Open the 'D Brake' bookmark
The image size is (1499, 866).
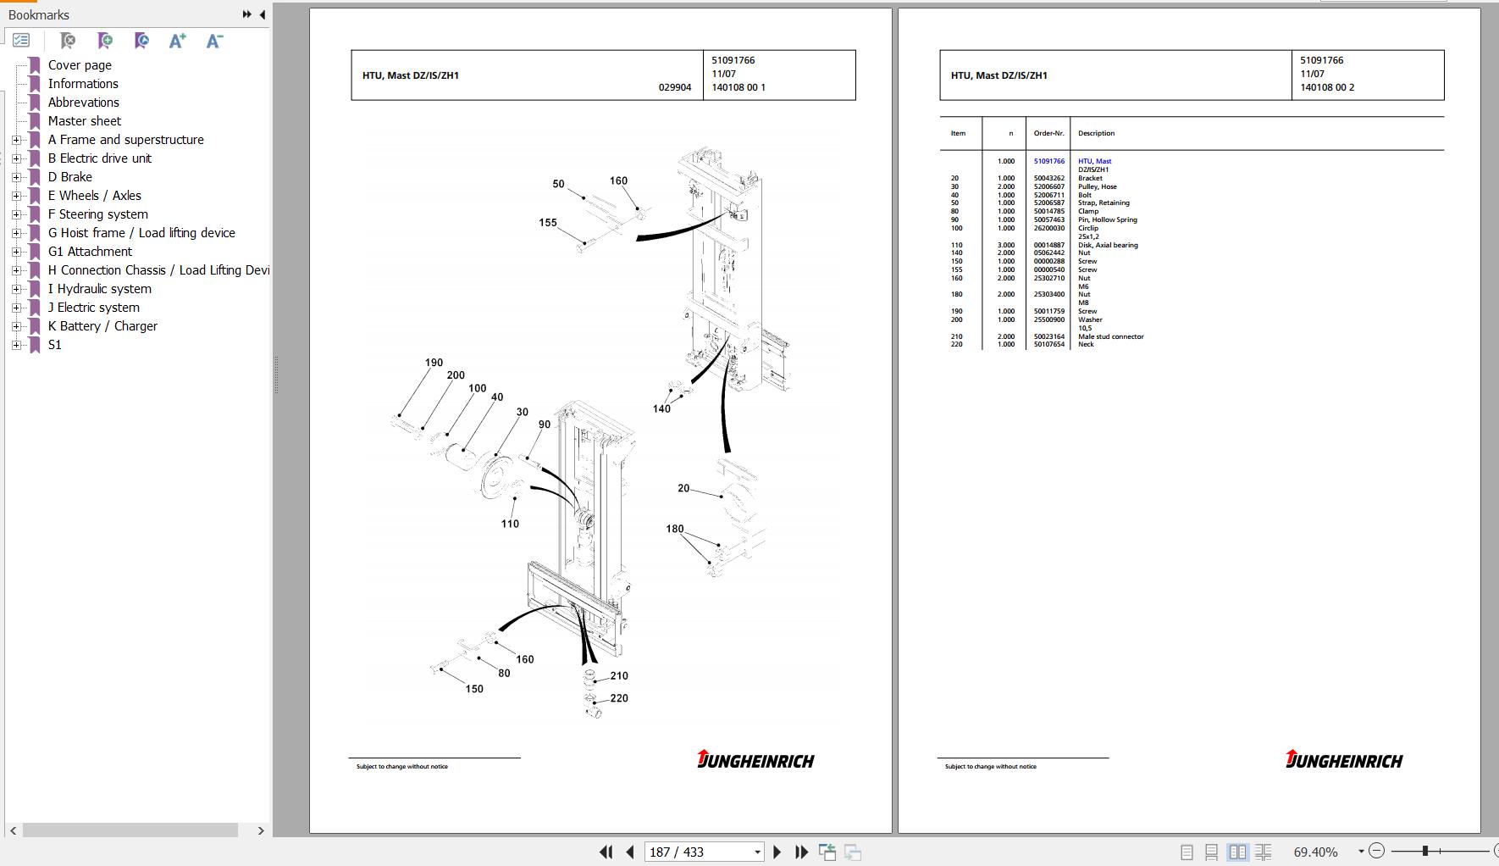tap(69, 177)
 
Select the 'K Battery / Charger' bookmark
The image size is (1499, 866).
tap(102, 326)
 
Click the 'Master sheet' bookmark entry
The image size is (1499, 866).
tap(84, 121)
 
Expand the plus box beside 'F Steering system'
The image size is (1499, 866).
tap(16, 214)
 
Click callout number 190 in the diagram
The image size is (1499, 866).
tap(434, 363)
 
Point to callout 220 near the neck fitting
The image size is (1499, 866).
tap(619, 698)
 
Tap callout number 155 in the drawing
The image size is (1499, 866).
tap(548, 223)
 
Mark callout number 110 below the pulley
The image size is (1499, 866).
tap(510, 524)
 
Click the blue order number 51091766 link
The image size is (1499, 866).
tap(1048, 161)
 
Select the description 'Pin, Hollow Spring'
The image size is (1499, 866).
tap(1107, 219)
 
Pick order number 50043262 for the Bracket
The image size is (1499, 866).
tap(1048, 178)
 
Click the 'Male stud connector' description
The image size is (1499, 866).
tap(1110, 336)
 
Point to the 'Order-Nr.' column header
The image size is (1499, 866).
tap(1048, 133)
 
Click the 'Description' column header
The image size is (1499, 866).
tap(1096, 133)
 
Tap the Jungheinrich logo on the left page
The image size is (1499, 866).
tap(755, 759)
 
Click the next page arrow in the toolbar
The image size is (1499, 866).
tap(777, 852)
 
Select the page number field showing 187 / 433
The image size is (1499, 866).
tap(704, 852)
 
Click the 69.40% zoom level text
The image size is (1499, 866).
tap(1315, 852)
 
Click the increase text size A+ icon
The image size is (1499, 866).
tap(177, 41)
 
